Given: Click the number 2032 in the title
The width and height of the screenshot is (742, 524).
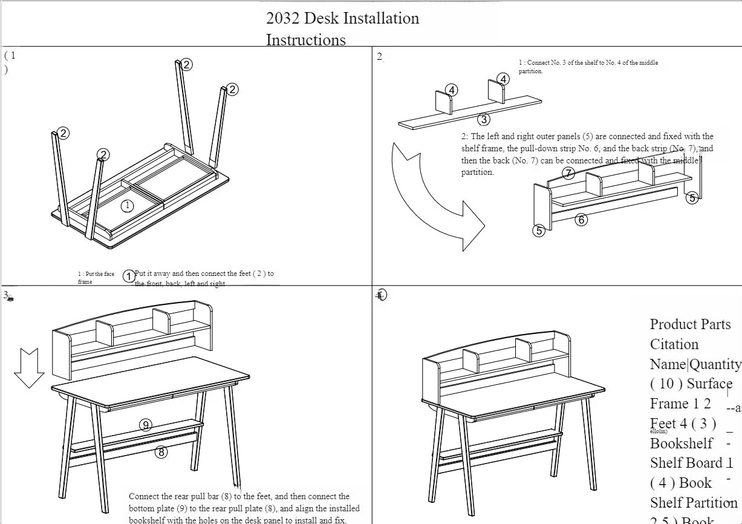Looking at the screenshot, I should pyautogui.click(x=282, y=19).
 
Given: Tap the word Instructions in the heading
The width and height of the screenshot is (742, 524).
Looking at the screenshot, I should pyautogui.click(x=306, y=40).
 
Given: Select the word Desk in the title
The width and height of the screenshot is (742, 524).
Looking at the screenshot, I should pyautogui.click(x=321, y=19).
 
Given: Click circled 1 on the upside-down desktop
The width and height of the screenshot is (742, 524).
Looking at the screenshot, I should pyautogui.click(x=127, y=206).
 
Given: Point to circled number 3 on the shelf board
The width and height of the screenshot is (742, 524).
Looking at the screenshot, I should pyautogui.click(x=484, y=119).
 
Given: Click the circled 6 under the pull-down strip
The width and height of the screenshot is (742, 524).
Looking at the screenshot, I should pyautogui.click(x=581, y=220).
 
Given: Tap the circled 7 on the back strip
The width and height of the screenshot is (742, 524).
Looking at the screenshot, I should pyautogui.click(x=568, y=174).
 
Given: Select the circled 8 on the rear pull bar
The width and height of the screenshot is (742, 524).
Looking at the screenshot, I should pyautogui.click(x=161, y=451).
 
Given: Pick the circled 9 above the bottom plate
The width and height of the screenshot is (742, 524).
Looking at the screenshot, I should pyautogui.click(x=146, y=425).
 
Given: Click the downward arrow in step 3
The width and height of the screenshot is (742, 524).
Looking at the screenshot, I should pyautogui.click(x=29, y=367).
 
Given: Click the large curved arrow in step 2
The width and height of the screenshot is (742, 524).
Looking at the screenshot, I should pyautogui.click(x=435, y=200).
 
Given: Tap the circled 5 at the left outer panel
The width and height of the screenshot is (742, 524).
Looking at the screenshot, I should pyautogui.click(x=539, y=230).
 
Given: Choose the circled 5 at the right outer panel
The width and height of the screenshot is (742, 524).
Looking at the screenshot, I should pyautogui.click(x=692, y=197).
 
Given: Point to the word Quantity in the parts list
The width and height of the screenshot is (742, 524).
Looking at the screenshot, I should pyautogui.click(x=715, y=364).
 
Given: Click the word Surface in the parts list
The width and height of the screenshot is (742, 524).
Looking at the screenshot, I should pyautogui.click(x=709, y=384).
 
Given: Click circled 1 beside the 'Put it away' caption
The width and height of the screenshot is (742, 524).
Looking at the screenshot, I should pyautogui.click(x=129, y=277).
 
